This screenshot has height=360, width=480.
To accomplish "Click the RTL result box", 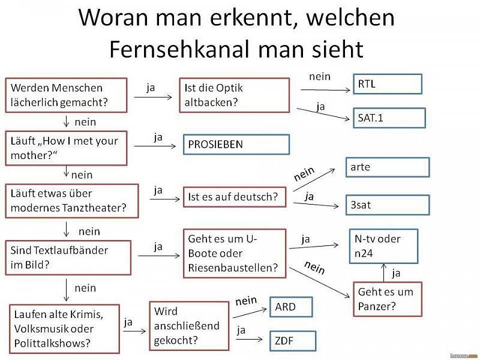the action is pyautogui.click(x=388, y=84).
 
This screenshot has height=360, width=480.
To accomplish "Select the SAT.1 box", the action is pyautogui.click(x=389, y=118).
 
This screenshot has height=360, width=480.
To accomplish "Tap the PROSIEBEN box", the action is pyautogui.click(x=236, y=144).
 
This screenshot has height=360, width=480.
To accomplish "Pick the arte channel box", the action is pyautogui.click(x=388, y=167).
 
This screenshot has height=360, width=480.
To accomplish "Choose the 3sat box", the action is pyautogui.click(x=388, y=205).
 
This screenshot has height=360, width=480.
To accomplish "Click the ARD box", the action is pyautogui.click(x=291, y=307).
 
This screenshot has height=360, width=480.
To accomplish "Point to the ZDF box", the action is pyautogui.click(x=293, y=341).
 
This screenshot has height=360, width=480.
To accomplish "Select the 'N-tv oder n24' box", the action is pyautogui.click(x=383, y=246).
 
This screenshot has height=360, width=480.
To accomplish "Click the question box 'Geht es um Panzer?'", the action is pyautogui.click(x=388, y=299).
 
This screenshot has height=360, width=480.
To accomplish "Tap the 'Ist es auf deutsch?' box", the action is pyautogui.click(x=235, y=197).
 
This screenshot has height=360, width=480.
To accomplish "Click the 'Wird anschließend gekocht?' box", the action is pyautogui.click(x=189, y=326).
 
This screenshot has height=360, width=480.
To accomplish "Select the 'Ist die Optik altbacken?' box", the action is pyautogui.click(x=235, y=95).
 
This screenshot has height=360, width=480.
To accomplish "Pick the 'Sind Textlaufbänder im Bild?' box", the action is pyautogui.click(x=68, y=258).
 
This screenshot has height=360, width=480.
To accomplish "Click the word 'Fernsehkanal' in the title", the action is pyautogui.click(x=181, y=49).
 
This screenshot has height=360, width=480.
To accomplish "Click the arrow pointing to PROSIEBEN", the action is pyautogui.click(x=155, y=146).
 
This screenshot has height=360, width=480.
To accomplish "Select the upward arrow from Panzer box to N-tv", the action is pyautogui.click(x=384, y=272).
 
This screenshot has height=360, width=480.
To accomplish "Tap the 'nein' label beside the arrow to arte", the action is pyautogui.click(x=304, y=173).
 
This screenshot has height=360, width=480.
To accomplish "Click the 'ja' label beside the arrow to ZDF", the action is pyautogui.click(x=241, y=331).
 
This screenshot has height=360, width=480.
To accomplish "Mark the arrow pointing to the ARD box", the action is pyautogui.click(x=250, y=313).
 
